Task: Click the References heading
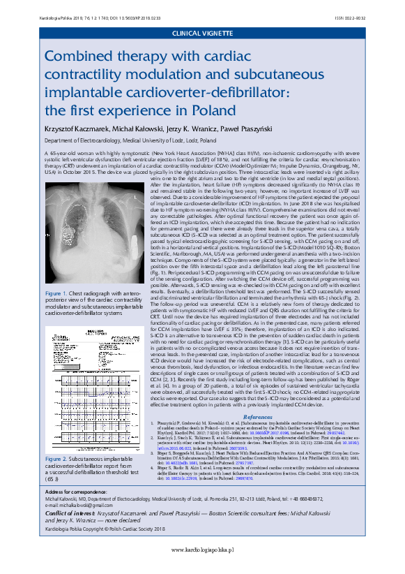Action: point(257,397)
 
